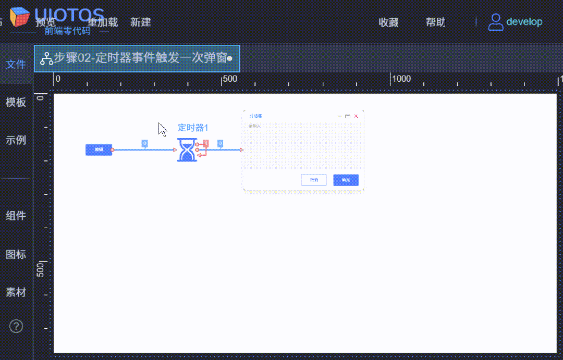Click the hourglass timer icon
[x=187, y=150]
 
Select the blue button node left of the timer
[x=99, y=150]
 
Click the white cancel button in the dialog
[x=314, y=180]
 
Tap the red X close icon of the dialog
[x=356, y=116]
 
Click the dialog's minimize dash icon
[x=339, y=116]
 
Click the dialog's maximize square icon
[x=348, y=116]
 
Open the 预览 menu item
[x=46, y=22]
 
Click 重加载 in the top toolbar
[x=102, y=22]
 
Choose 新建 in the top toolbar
[x=141, y=22]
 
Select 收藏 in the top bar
[x=388, y=22]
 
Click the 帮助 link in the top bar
[x=436, y=22]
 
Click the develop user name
[x=524, y=22]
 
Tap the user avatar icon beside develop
[x=495, y=22]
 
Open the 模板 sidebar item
[x=16, y=102]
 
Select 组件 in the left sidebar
[x=16, y=216]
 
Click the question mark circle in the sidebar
[x=16, y=326]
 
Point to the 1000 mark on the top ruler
[x=401, y=79]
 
